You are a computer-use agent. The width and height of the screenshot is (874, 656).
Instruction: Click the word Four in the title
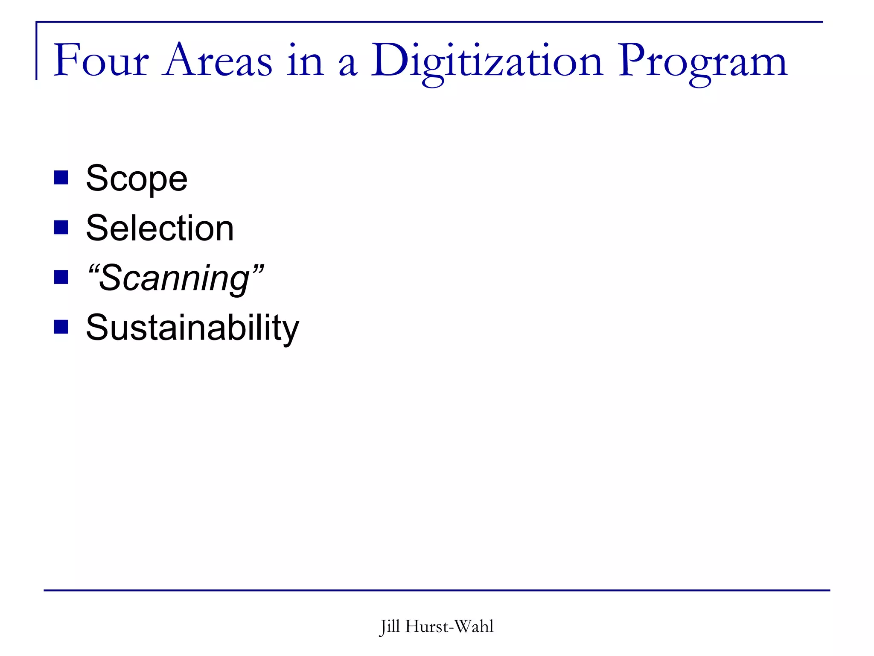coord(101,61)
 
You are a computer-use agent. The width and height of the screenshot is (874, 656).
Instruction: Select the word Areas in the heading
coord(217,61)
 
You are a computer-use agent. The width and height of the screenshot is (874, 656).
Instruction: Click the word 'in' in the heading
coord(305,61)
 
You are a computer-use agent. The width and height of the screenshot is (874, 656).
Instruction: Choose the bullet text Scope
coord(137,179)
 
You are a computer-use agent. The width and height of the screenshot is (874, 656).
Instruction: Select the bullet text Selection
coord(160,228)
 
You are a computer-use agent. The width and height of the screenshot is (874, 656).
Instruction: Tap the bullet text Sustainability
coord(192,328)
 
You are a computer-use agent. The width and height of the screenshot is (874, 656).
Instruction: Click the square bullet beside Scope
coord(61,178)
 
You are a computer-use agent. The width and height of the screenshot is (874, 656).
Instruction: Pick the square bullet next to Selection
coord(61,228)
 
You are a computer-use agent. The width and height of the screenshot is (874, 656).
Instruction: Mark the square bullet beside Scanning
coord(61,277)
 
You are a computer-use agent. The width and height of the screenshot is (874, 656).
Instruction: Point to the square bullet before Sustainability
coord(61,327)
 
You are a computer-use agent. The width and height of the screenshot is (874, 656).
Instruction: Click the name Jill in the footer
coord(390,627)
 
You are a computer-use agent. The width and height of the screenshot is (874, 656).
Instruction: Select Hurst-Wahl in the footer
coord(449,627)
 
